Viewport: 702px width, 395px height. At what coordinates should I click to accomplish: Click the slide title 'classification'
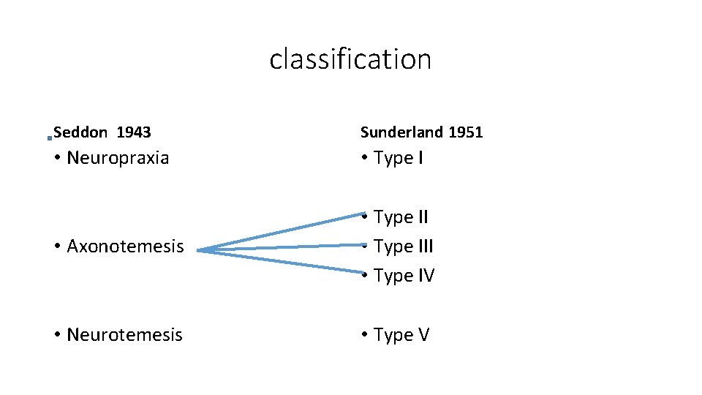[350, 59]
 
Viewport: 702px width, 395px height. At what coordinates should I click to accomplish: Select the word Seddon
[80, 132]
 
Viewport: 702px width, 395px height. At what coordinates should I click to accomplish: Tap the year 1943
[134, 132]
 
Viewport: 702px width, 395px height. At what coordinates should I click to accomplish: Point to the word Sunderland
[401, 132]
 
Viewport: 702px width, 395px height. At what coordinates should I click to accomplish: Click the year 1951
[466, 132]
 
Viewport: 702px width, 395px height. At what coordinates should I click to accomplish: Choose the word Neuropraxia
[118, 158]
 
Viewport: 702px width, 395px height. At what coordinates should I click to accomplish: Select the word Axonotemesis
[125, 247]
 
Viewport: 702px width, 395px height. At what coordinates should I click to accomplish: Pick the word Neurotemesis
[124, 335]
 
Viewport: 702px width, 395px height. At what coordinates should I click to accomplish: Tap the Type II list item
[401, 217]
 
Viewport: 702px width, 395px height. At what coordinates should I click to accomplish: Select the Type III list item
[403, 247]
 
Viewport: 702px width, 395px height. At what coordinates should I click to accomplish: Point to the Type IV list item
[404, 276]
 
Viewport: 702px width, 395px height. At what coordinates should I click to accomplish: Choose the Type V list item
[401, 335]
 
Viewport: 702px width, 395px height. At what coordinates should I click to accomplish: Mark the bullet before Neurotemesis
[56, 336]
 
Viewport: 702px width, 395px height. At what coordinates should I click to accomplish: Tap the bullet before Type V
[363, 336]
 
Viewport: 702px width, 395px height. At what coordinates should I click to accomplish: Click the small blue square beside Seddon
[49, 137]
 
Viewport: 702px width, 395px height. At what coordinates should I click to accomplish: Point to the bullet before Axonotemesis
[56, 247]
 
